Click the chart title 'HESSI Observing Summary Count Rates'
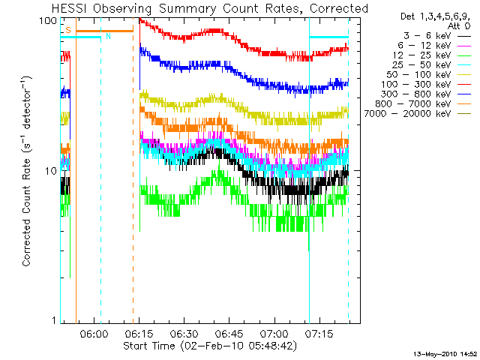pos(178,9)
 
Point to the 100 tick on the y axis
pos(48,21)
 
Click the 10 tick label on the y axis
pos(51,172)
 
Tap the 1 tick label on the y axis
pos(55,320)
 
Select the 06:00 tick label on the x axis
pos(94,333)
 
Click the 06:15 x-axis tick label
pos(139,333)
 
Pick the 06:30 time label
pos(184,333)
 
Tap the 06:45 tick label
pos(229,333)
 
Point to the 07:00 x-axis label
pos(274,333)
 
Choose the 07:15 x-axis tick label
pos(319,333)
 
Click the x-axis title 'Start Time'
pos(149,346)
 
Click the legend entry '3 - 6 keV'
pos(427,36)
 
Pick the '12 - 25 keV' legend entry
pos(421,55)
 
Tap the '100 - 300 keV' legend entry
pos(416,85)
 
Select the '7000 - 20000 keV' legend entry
pos(407,114)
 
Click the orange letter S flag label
pos(68,30)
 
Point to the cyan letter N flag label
pos(108,37)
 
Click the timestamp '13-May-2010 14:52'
pos(445,354)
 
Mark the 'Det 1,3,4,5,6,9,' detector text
pos(435,16)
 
